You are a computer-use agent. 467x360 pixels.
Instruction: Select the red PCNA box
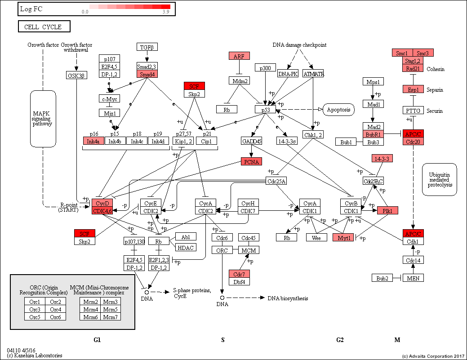click(x=251, y=162)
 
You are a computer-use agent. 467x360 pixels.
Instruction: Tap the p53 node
click(x=265, y=109)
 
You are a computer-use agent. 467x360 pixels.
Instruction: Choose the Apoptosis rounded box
click(x=338, y=109)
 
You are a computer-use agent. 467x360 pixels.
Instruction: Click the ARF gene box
click(x=239, y=56)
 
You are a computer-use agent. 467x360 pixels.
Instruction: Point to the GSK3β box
click(x=76, y=75)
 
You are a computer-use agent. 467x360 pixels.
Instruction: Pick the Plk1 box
click(x=387, y=211)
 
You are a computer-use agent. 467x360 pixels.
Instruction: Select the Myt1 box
click(x=343, y=237)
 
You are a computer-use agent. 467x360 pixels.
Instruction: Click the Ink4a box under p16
click(x=93, y=141)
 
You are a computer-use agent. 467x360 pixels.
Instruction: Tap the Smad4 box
click(x=147, y=74)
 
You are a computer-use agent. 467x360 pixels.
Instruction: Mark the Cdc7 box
click(x=239, y=274)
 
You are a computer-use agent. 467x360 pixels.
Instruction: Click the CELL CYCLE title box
click(x=45, y=27)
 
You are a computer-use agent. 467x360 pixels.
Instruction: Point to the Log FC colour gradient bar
click(x=130, y=7)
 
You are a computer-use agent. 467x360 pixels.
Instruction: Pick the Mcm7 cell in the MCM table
click(x=110, y=316)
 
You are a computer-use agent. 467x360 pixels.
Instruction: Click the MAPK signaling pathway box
click(x=43, y=119)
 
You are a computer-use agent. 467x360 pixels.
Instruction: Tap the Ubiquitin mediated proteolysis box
click(x=440, y=179)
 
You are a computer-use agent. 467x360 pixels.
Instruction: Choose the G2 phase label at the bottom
click(x=340, y=340)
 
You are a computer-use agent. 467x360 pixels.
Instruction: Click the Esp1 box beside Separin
click(x=413, y=89)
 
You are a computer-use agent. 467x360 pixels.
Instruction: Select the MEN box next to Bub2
click(x=413, y=278)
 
